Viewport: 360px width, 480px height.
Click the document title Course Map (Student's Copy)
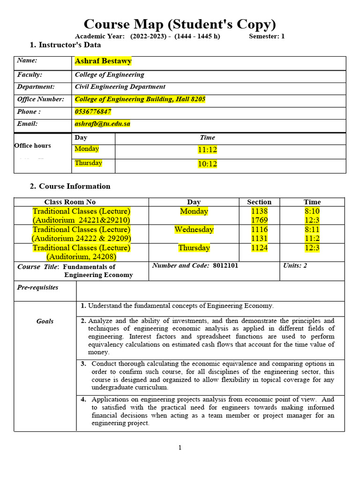180,24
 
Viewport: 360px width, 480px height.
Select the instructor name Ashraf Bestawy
103,61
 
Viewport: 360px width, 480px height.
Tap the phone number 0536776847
93,112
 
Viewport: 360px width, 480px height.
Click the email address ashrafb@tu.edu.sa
102,124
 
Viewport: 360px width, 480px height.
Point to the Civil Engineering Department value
120,87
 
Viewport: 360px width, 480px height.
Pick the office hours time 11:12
207,150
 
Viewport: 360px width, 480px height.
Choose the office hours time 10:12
207,164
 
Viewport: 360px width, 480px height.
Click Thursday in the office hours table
88,163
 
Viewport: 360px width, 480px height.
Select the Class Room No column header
70,202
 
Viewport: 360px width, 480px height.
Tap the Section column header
259,202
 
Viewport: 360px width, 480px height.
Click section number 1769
259,220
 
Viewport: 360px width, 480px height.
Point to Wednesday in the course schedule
194,230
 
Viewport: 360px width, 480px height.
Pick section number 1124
259,248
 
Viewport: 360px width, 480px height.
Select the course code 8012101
225,265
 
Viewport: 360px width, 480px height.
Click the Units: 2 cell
295,265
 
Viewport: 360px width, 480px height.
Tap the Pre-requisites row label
37,287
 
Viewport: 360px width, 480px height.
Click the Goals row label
45,321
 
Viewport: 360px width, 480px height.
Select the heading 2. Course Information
70,186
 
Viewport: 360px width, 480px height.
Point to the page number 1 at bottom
180,448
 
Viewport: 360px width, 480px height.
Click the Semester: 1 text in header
266,36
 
